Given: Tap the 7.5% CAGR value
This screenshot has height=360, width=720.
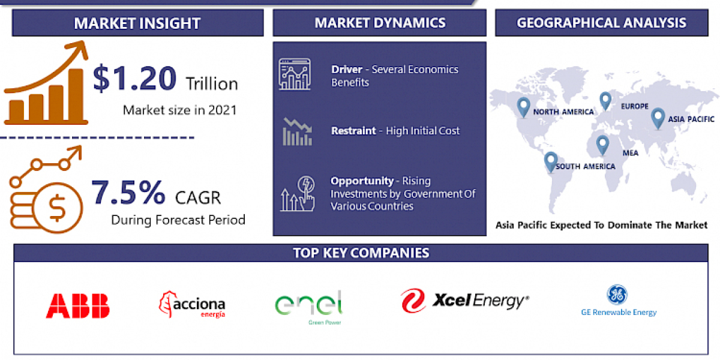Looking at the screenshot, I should (x=128, y=192).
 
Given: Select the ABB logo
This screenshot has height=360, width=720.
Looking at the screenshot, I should (x=77, y=305).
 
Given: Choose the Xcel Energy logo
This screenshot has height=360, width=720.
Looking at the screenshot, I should (x=465, y=300).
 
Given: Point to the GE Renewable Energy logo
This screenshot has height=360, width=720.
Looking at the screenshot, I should (x=619, y=301).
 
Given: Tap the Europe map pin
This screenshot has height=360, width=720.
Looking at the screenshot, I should (x=605, y=101).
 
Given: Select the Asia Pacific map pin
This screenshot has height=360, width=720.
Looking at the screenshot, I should (x=658, y=116).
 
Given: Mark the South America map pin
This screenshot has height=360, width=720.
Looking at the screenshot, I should (x=550, y=161).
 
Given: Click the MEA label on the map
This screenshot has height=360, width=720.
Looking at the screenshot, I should (x=630, y=153).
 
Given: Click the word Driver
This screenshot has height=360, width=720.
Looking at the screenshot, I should (x=347, y=70).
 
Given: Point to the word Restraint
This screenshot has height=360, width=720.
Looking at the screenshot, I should (x=353, y=130).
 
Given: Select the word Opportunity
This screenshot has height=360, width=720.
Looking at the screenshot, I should (x=362, y=181).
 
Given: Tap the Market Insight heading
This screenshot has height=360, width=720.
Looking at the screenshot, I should (x=137, y=23).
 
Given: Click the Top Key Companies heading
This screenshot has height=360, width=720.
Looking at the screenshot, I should (x=361, y=253).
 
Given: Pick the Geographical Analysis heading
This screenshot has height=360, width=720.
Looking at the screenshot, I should (x=602, y=23).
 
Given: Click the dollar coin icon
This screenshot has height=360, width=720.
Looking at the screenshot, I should (x=58, y=208).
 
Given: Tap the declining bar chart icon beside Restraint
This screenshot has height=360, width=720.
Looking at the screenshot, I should (x=297, y=132).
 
